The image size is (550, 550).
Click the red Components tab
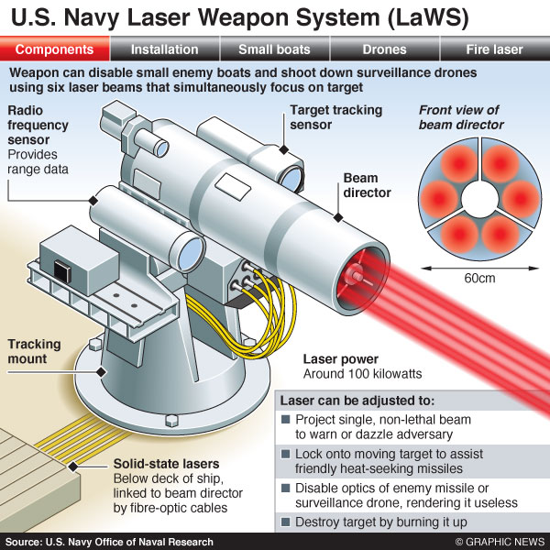pos(54,49)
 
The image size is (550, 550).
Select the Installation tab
pos(164,49)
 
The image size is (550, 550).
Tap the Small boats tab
pos(274,49)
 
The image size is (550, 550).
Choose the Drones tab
pos(384,49)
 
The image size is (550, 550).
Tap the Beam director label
pos(368,185)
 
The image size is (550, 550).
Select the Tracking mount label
pos(34,352)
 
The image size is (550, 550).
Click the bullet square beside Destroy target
pos(287,522)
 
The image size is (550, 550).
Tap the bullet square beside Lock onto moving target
pos(287,454)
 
